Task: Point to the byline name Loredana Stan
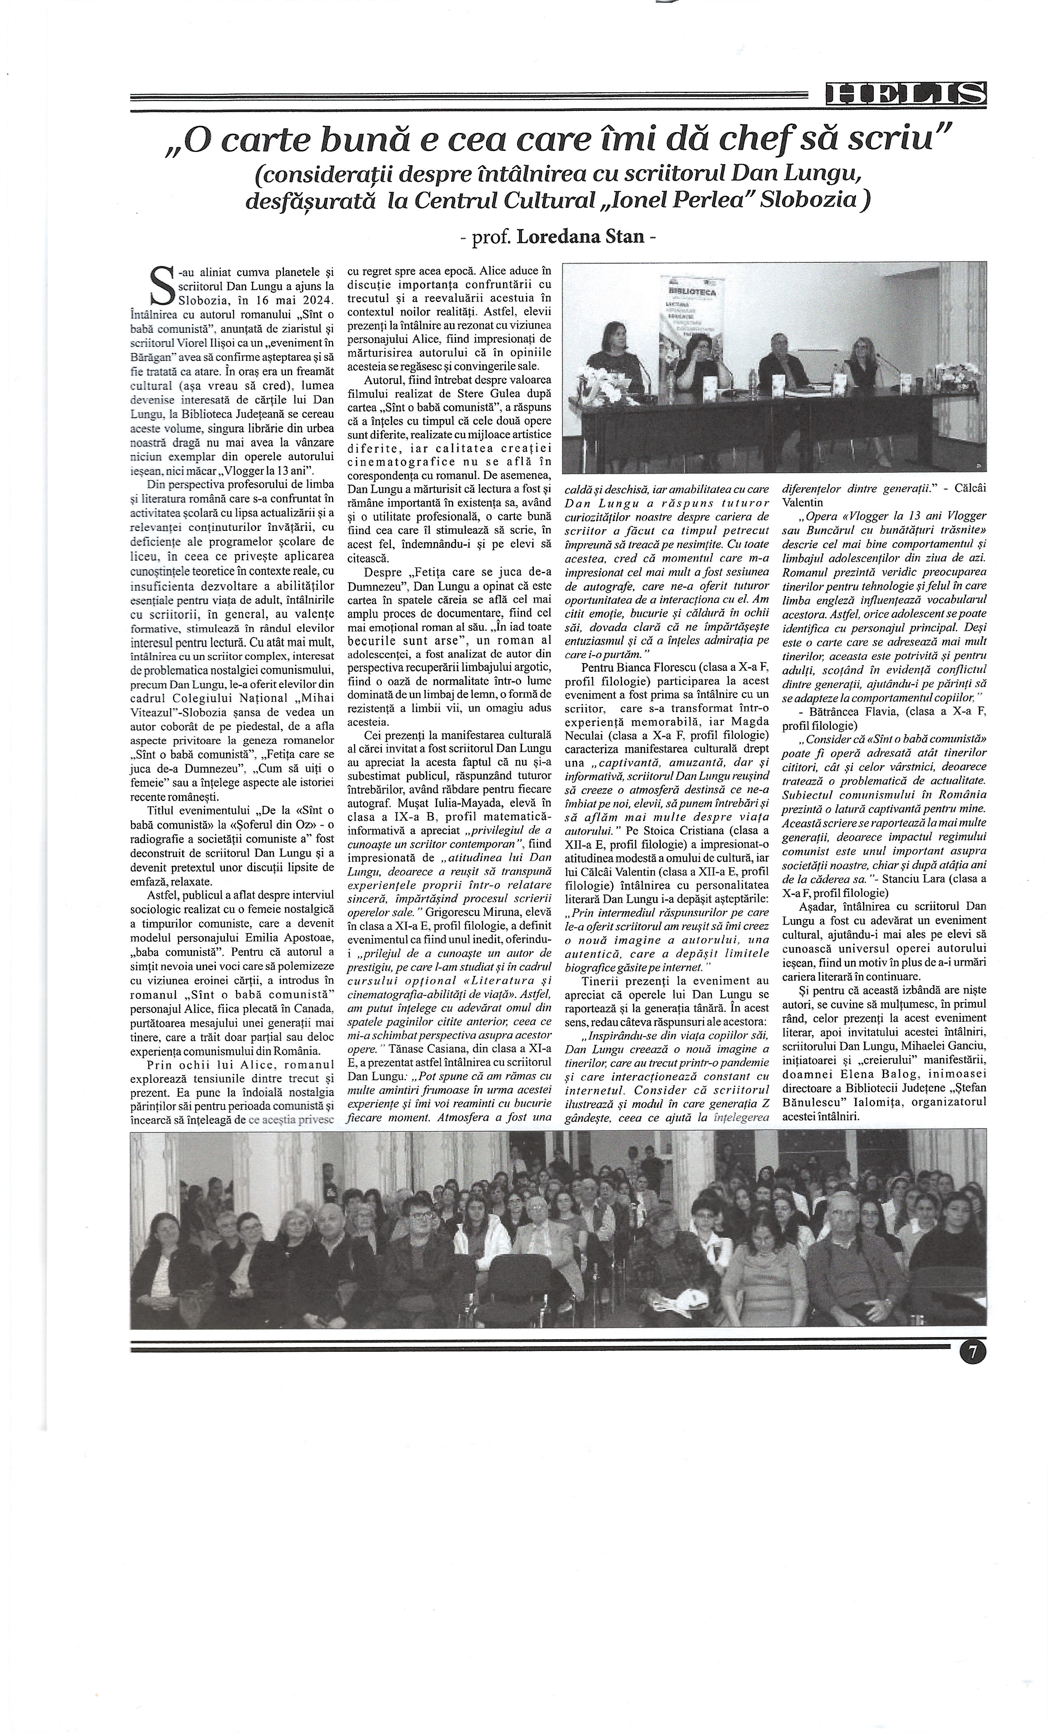point(580,236)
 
